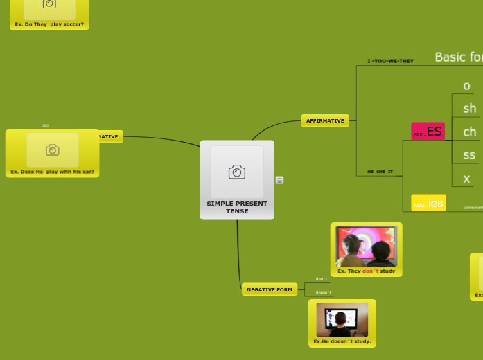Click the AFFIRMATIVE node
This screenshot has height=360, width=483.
(325, 120)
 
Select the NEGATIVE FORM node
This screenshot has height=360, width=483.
(270, 289)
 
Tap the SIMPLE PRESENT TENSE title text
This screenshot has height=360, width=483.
(237, 207)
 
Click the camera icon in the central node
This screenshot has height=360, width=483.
(237, 172)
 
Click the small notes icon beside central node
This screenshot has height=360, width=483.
(279, 180)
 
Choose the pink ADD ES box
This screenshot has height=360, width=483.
(428, 132)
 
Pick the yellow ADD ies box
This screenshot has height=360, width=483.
(428, 203)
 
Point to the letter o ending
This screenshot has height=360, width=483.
(466, 86)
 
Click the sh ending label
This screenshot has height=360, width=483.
(469, 108)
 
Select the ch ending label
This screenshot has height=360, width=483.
(469, 132)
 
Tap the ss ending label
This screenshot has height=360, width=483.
(469, 154)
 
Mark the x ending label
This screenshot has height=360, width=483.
(466, 178)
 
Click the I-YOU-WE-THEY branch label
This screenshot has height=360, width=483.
(390, 61)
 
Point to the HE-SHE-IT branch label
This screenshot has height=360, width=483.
(380, 172)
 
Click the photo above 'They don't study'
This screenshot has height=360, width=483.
(366, 246)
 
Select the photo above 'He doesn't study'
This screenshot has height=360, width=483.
(342, 319)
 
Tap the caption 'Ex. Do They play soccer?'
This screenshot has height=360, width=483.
(49, 24)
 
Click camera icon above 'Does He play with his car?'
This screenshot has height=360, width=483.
(52, 150)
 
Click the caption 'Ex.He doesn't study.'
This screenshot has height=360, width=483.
(342, 341)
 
